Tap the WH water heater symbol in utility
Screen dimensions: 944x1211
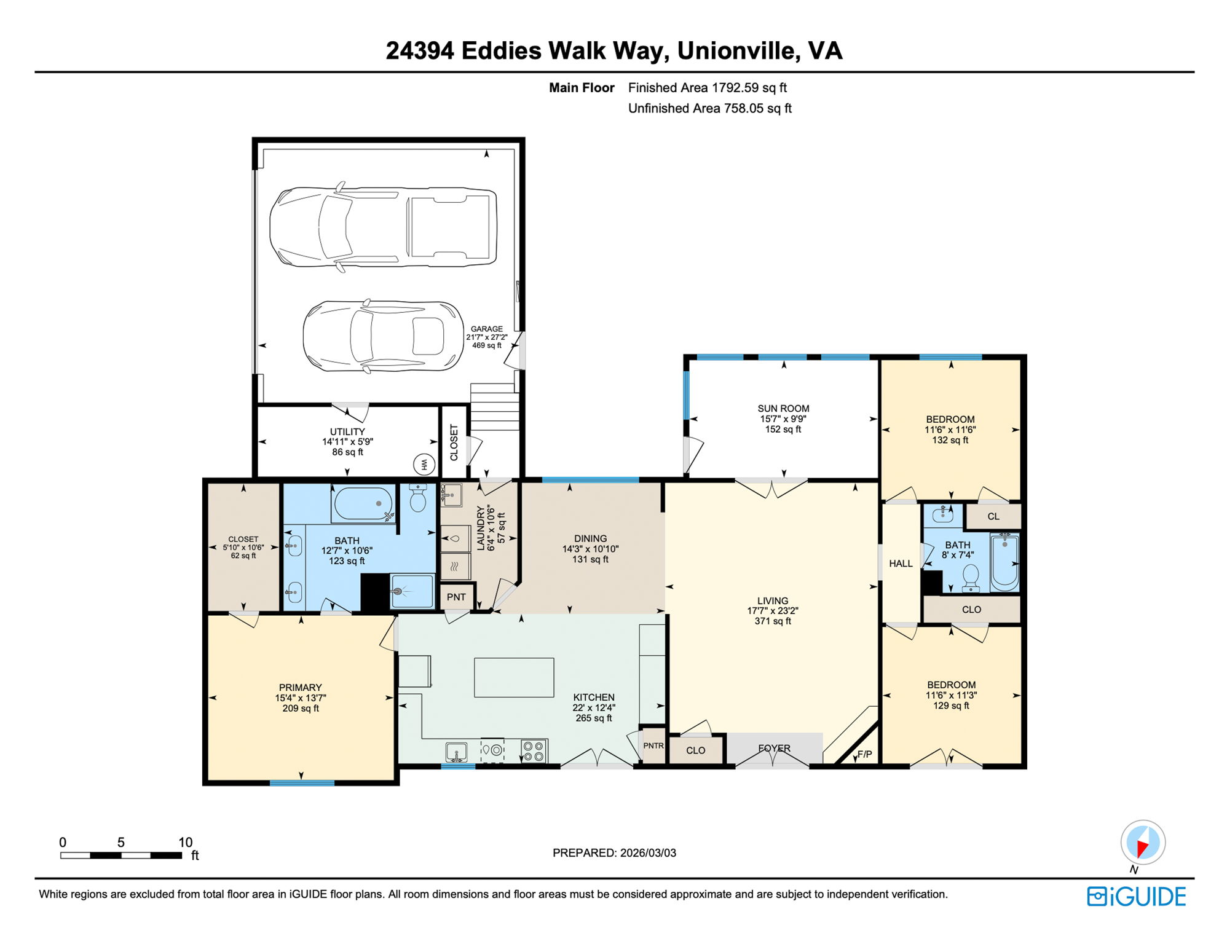point(424,465)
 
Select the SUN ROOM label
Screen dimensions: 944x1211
point(783,408)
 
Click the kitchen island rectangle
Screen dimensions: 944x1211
point(514,677)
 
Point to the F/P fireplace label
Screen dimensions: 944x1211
point(864,754)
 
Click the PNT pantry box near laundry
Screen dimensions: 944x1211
point(456,597)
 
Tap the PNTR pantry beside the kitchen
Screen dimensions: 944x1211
point(653,745)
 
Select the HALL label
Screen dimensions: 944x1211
point(901,563)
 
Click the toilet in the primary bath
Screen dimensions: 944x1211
point(418,498)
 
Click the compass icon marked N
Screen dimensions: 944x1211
point(1142,843)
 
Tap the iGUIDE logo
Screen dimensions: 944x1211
point(1136,897)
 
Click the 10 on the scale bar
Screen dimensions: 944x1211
point(185,843)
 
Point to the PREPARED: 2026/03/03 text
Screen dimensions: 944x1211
point(613,852)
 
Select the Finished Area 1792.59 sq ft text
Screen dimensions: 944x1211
point(707,88)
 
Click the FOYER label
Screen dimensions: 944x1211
point(774,748)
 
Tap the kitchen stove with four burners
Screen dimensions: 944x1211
point(534,751)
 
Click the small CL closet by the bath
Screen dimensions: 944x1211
point(993,516)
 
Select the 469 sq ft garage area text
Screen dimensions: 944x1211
point(486,345)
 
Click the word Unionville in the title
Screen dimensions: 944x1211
point(735,51)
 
